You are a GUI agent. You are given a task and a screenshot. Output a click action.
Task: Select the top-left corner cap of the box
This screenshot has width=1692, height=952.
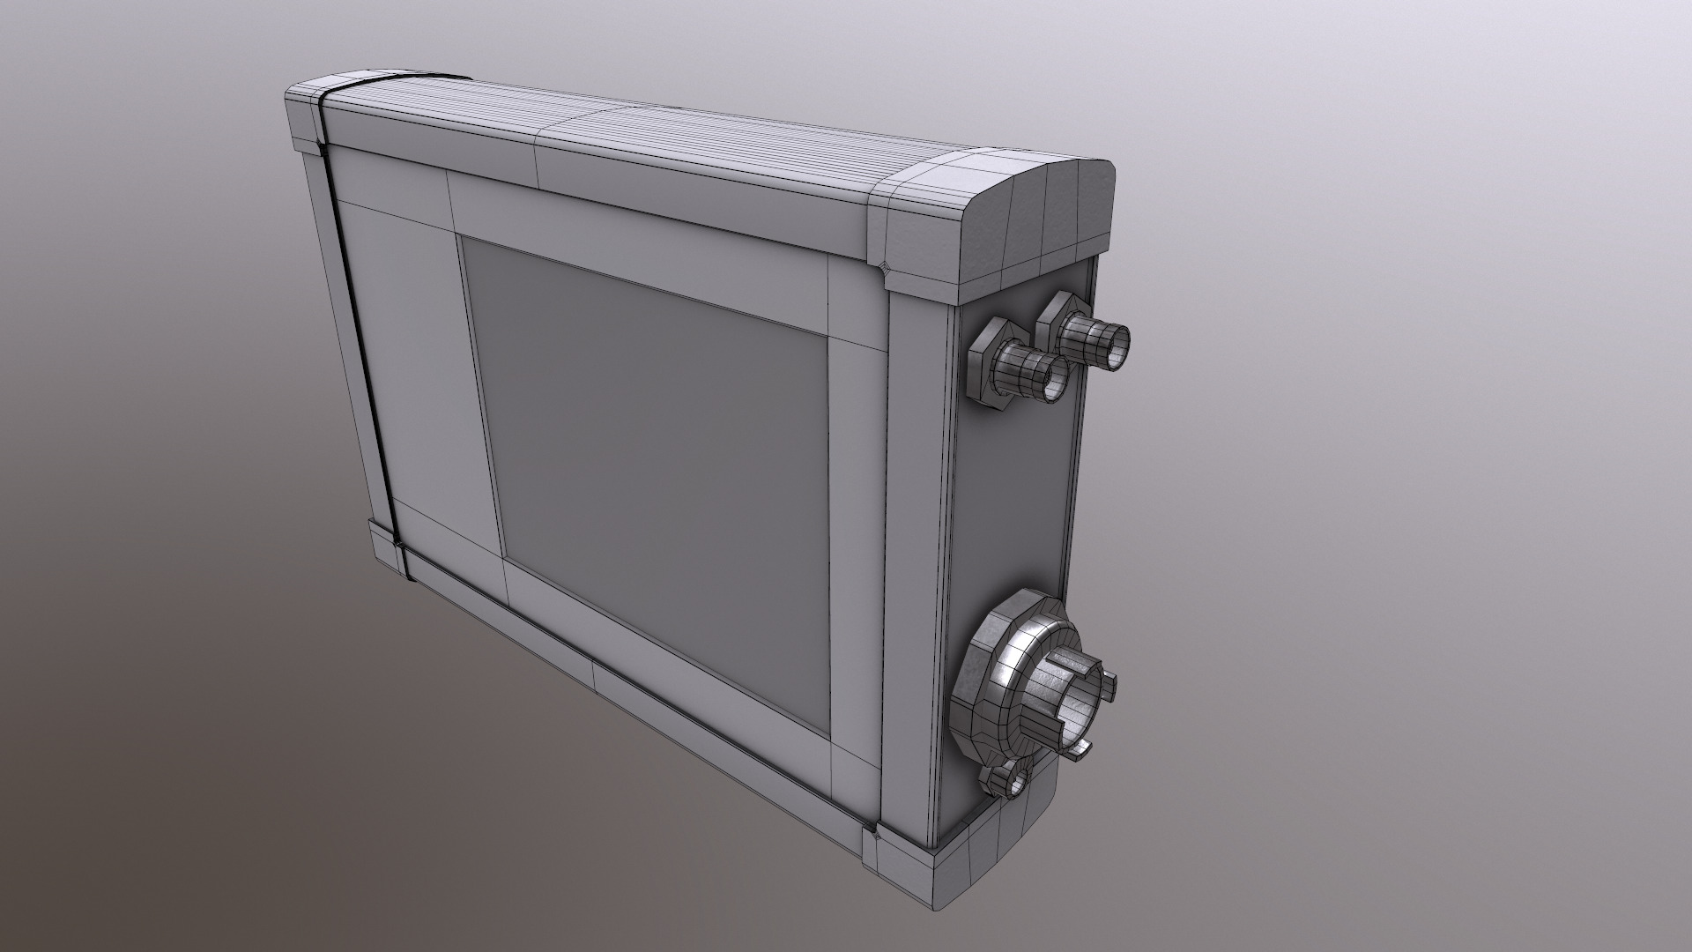304,115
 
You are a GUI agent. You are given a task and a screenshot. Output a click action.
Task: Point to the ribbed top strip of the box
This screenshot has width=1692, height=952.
617,132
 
